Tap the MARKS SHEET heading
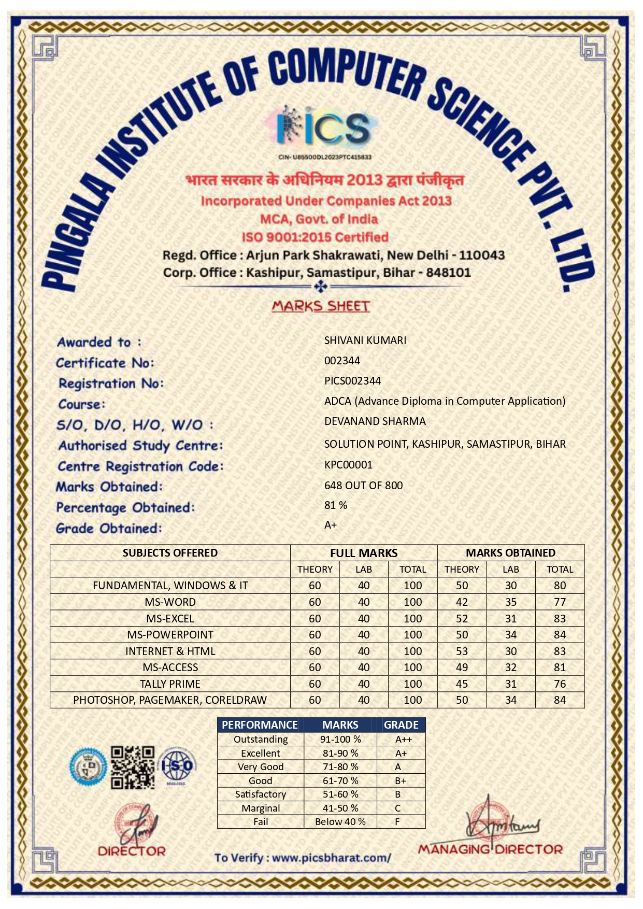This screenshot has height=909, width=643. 321,306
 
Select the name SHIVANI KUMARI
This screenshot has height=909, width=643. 365,340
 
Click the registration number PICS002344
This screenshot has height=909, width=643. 352,381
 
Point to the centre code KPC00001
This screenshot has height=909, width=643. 348,465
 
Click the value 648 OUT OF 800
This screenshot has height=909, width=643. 363,486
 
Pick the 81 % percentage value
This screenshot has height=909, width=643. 336,505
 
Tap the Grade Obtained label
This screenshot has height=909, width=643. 109,529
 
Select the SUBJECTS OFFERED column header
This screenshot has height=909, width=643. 170,553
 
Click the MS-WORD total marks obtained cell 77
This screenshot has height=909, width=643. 560,602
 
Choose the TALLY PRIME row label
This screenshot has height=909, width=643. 170,684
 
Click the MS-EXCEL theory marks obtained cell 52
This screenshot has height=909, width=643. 462,619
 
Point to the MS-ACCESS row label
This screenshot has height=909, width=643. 170,667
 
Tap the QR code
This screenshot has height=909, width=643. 133,767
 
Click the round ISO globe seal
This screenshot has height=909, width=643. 177,766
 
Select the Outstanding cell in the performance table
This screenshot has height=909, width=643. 261,740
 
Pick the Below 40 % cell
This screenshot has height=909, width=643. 340,822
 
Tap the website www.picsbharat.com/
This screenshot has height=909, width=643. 332,858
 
